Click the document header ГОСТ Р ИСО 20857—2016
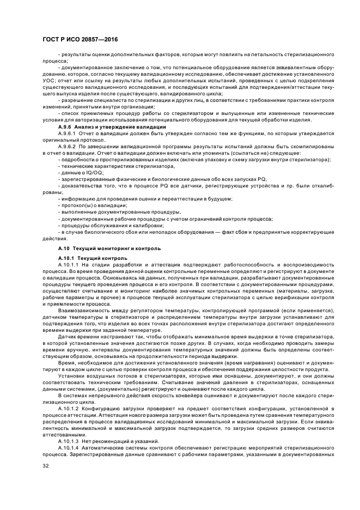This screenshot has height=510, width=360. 80,40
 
